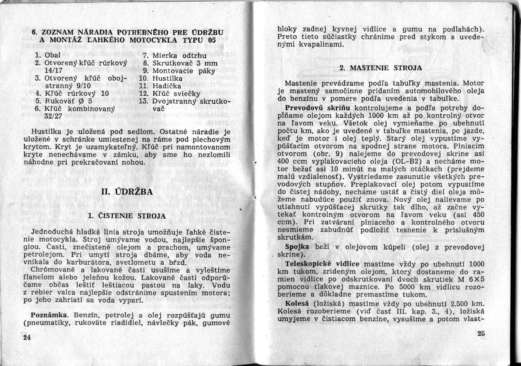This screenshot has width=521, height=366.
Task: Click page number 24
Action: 27,337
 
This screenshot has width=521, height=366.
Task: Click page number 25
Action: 482,334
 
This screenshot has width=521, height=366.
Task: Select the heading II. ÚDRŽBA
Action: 126,192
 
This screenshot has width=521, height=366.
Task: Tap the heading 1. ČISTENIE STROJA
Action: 127,215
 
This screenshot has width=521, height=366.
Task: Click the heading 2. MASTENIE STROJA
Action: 381,68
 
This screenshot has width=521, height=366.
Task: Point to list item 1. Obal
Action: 47,55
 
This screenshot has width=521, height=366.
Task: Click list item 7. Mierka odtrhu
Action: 175,55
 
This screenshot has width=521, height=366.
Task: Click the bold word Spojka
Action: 297,247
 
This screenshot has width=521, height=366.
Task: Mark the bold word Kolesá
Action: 296,303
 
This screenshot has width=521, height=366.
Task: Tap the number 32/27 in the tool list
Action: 53,117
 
